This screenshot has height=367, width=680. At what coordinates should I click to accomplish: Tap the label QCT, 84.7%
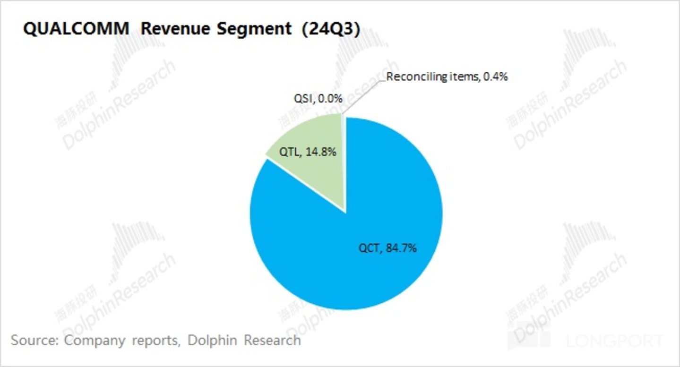point(387,248)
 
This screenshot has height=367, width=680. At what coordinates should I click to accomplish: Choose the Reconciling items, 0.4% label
point(447,77)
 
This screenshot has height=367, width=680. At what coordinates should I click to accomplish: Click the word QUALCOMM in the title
point(76,29)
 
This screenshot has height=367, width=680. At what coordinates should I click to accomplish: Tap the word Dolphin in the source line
point(212,340)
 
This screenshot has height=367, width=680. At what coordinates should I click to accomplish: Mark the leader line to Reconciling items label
point(362,94)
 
